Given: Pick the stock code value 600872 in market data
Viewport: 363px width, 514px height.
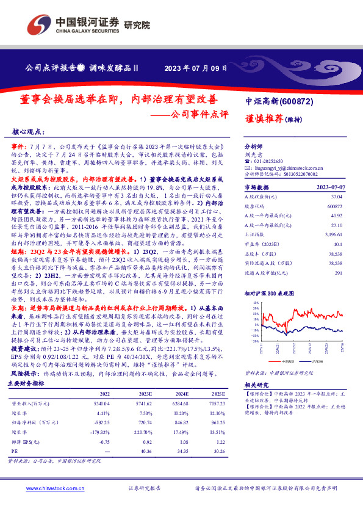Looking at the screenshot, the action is pos(333,206).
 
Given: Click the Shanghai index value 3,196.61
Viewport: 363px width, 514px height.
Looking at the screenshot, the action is pos(332,234).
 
